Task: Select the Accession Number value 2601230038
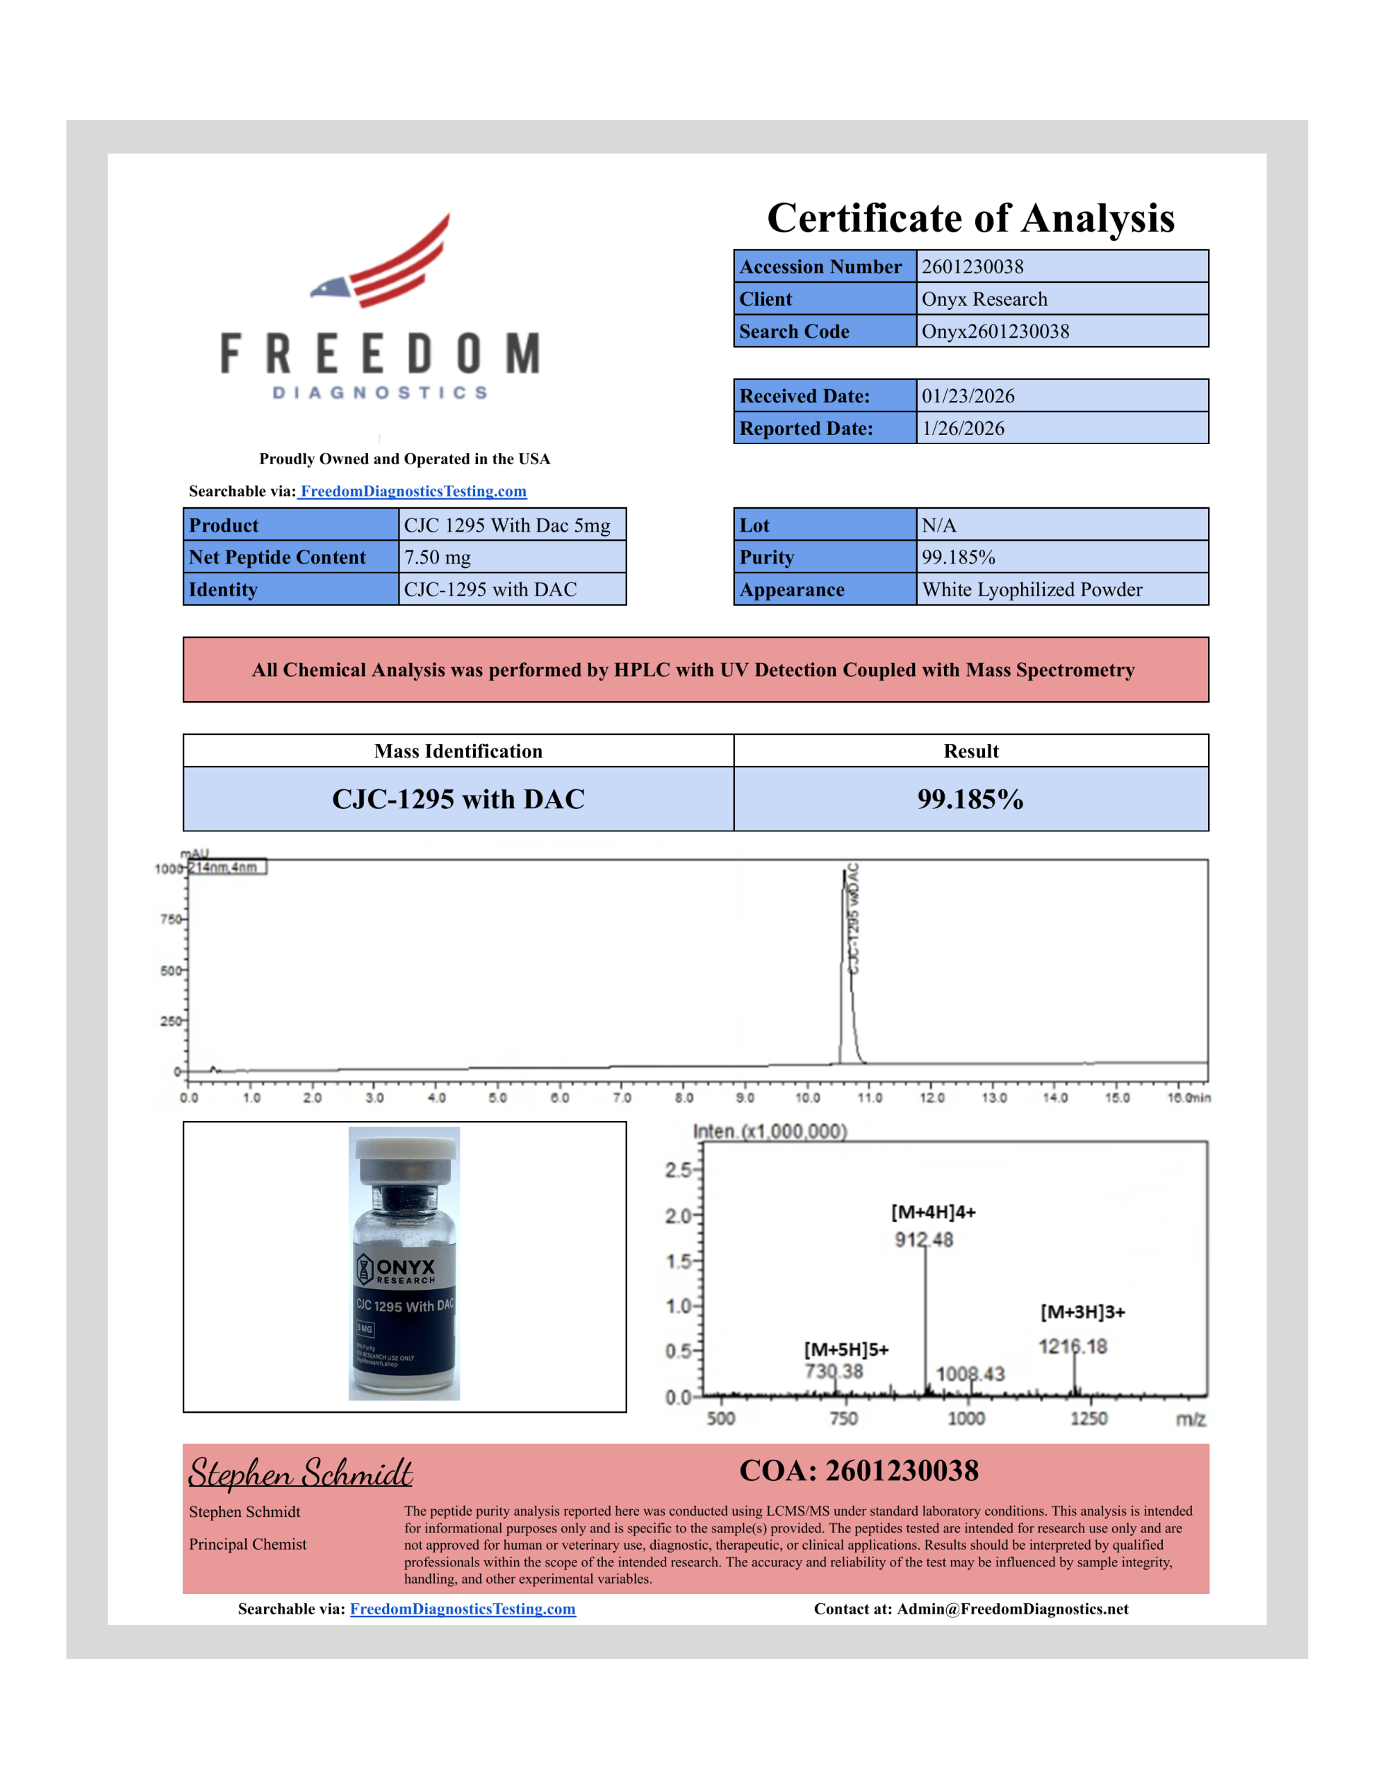tap(972, 266)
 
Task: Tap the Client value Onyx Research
tap(984, 299)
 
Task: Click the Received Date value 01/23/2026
tap(968, 396)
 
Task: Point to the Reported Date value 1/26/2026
tap(963, 429)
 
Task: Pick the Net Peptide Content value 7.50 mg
tap(438, 557)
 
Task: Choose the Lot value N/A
tap(938, 525)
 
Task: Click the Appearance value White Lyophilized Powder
tap(1031, 590)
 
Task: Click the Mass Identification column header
tap(458, 751)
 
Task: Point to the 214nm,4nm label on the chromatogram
tap(223, 867)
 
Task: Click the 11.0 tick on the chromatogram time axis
tap(869, 1097)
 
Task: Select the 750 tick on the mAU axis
tap(171, 919)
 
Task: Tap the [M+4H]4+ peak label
tap(933, 1212)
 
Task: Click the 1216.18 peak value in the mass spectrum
tap(1072, 1347)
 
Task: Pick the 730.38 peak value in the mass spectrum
tap(833, 1371)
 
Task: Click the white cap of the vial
tap(405, 1149)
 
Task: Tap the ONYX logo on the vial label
tap(397, 1269)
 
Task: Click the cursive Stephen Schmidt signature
tap(301, 1473)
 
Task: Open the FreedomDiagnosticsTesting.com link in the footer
tap(463, 1609)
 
